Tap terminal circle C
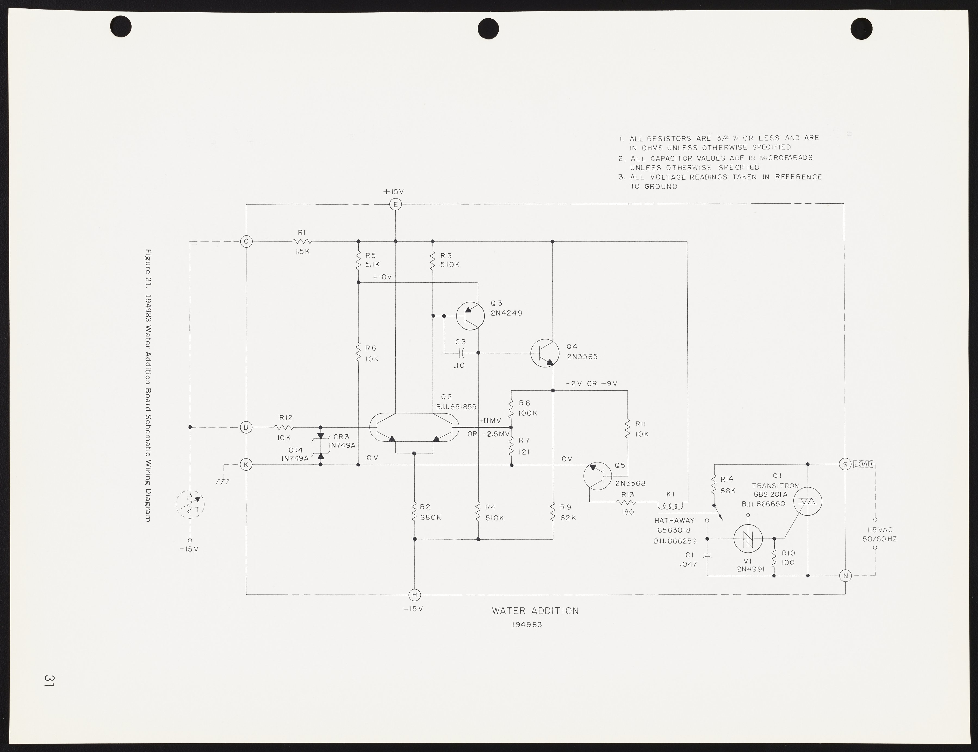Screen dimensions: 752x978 246,242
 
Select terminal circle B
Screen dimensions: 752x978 246,428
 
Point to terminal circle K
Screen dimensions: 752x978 246,465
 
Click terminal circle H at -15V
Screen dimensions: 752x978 415,595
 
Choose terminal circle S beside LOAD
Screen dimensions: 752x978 845,465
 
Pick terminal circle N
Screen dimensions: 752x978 845,576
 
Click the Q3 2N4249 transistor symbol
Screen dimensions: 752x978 470,315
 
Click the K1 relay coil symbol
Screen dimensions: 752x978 670,506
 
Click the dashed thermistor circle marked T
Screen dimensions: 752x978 190,505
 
